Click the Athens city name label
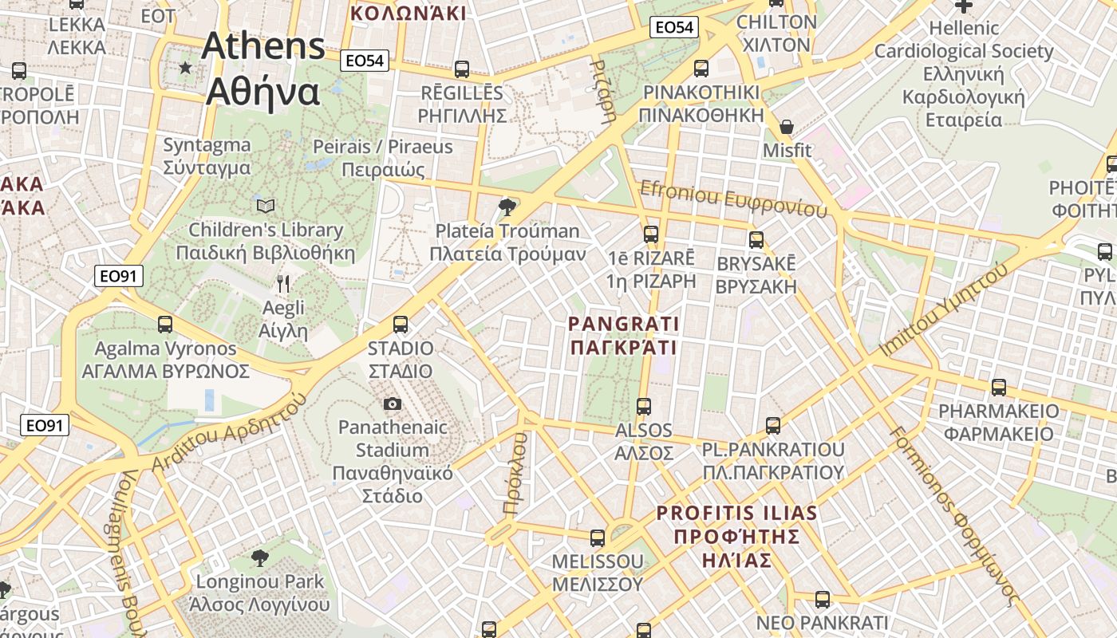[x=263, y=69]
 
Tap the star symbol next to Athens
[x=186, y=68]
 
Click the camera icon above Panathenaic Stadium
[x=392, y=404]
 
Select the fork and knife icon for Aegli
[x=282, y=282]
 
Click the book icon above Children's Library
[x=266, y=207]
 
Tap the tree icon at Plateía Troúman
[x=507, y=207]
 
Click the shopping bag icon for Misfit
[x=787, y=127]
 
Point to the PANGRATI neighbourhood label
[x=623, y=336]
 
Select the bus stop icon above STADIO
[x=401, y=325]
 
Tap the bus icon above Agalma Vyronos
[x=165, y=325]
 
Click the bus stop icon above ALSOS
[x=644, y=407]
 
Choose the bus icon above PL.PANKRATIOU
[x=772, y=425]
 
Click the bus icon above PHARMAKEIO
[x=998, y=388]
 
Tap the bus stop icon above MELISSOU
[x=597, y=538]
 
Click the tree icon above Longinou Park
[x=259, y=557]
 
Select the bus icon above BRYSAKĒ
[x=756, y=239]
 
